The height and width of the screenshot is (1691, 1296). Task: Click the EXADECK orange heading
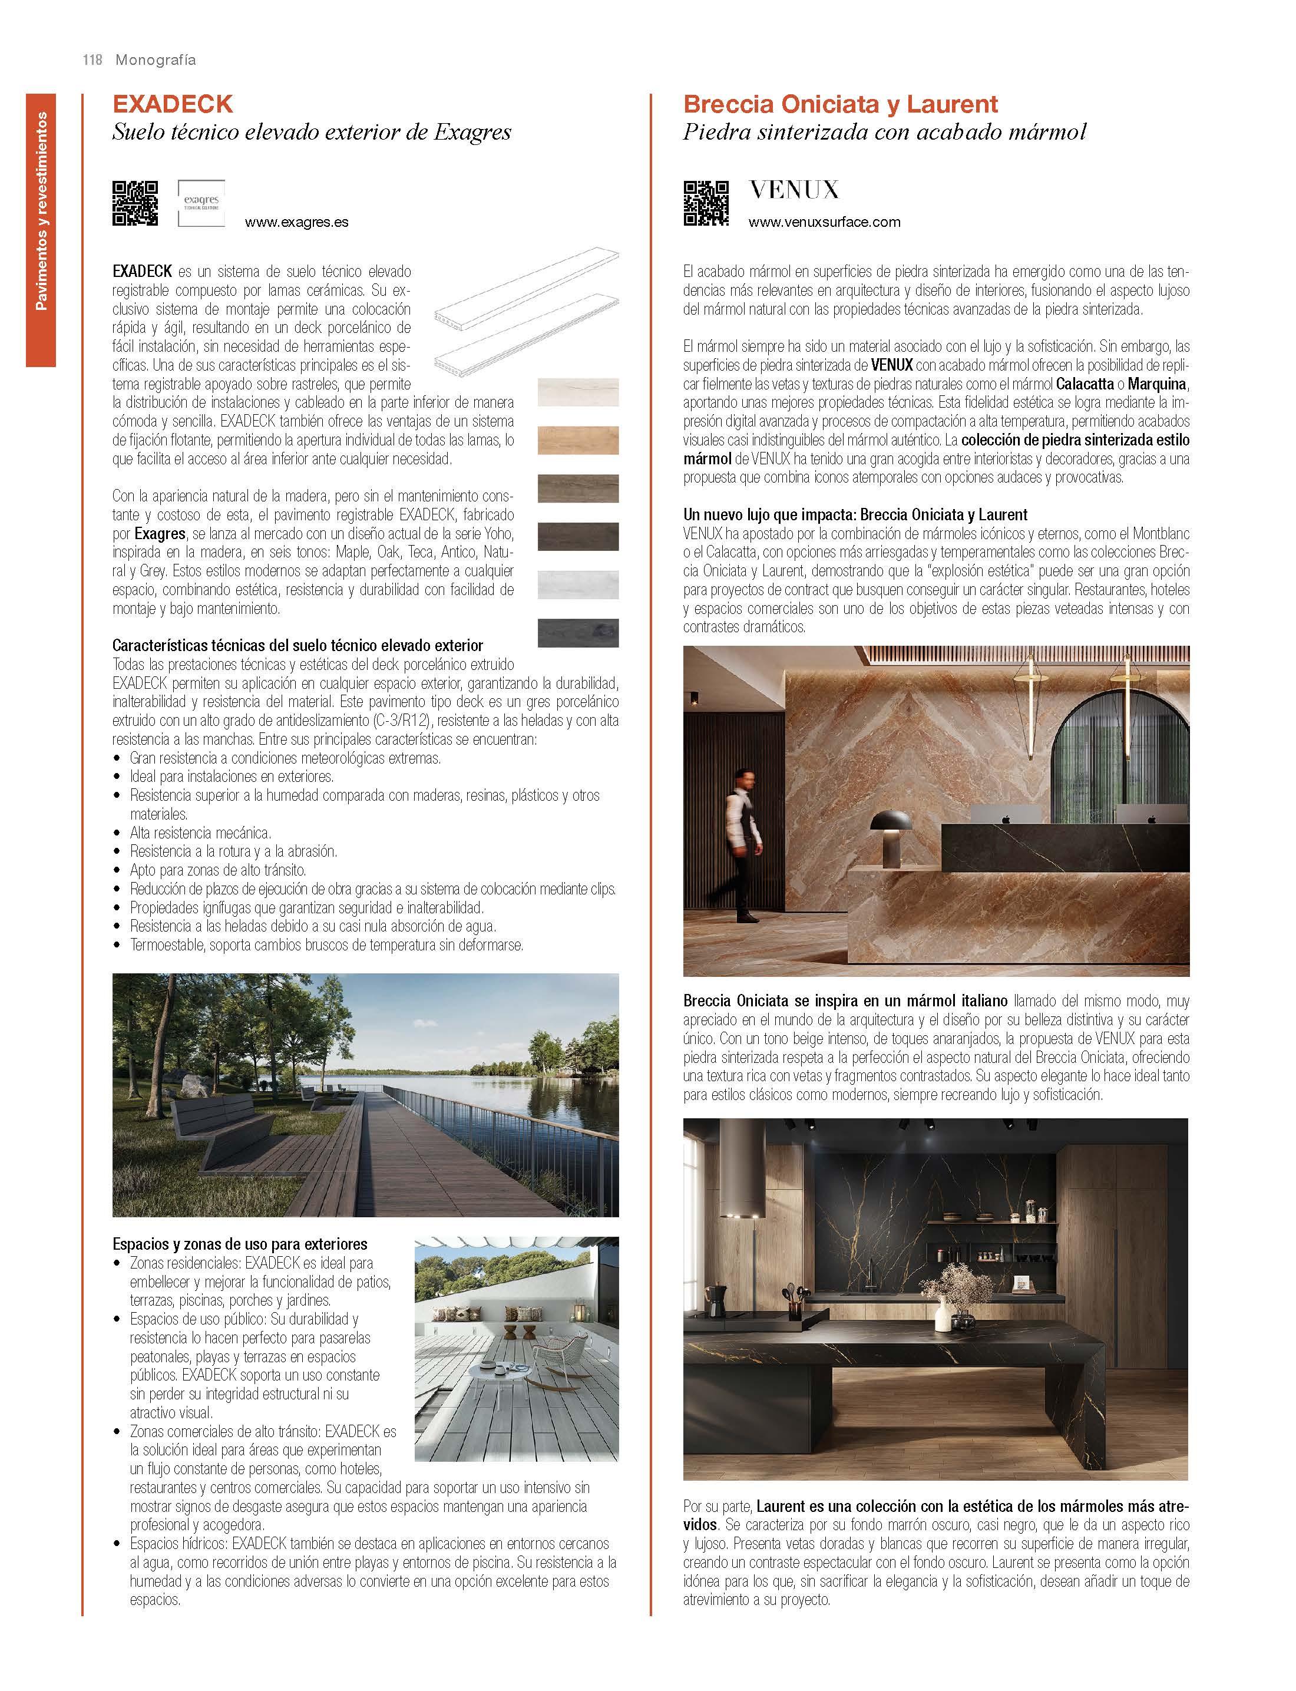point(173,104)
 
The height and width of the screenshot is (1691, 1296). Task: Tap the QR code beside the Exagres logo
point(135,203)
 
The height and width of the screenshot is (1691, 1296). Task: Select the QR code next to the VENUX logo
point(706,203)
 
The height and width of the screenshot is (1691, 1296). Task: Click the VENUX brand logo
point(794,190)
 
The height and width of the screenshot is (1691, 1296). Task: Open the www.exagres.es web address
point(296,222)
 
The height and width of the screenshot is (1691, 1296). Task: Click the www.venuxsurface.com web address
point(824,222)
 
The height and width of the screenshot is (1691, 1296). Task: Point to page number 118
point(92,60)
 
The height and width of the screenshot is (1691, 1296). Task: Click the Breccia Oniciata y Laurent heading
point(840,104)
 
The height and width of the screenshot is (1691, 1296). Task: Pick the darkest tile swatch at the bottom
point(578,633)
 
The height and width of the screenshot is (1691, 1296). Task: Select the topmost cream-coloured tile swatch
point(578,392)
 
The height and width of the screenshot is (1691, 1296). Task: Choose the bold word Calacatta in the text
point(1084,384)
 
